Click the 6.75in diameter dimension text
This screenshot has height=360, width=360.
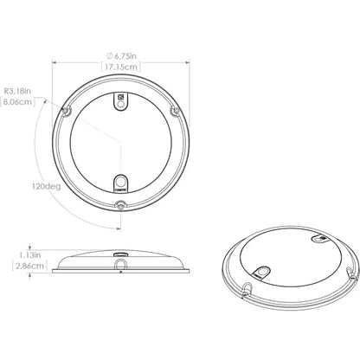coord(124,55)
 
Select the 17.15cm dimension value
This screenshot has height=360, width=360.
coord(119,67)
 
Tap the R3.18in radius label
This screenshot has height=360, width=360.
coord(19,89)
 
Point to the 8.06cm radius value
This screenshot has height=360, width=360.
coord(17,101)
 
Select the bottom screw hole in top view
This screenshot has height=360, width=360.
coord(120,205)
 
